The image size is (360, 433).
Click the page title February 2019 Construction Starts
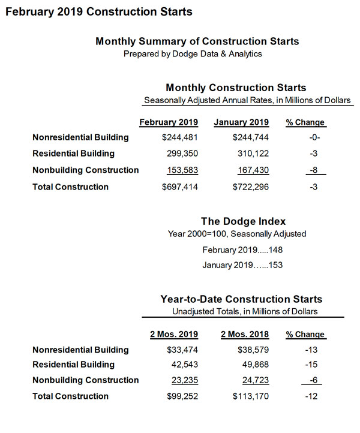tap(99, 11)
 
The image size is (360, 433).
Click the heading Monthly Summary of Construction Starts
tap(197, 41)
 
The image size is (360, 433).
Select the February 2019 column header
tap(169, 122)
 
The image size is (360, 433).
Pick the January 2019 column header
tap(241, 122)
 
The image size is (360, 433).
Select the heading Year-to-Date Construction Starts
tap(241, 299)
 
